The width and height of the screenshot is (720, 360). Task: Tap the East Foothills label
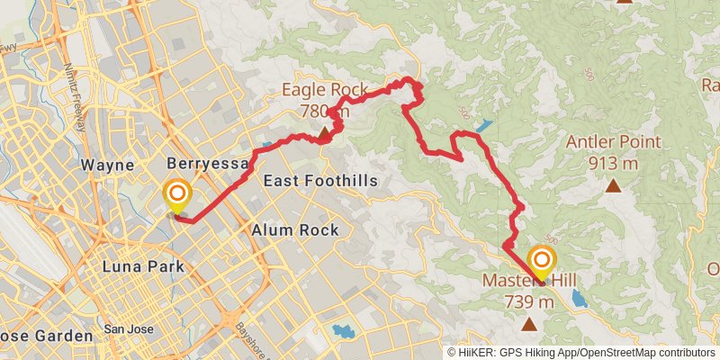tap(319, 181)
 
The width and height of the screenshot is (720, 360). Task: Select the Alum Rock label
tap(295, 230)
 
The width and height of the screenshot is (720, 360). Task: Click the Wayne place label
tap(107, 166)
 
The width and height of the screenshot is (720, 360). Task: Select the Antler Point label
tap(614, 142)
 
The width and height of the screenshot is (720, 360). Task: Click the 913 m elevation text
tap(614, 163)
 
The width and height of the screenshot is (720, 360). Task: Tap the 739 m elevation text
tap(528, 301)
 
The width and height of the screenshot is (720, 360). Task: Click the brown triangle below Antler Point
tap(614, 186)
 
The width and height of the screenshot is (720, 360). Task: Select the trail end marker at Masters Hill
tap(542, 262)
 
